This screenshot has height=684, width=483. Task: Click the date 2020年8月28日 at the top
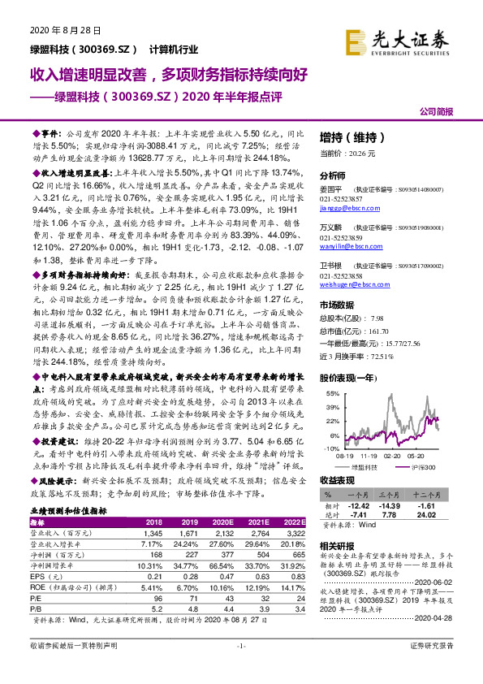click(58, 31)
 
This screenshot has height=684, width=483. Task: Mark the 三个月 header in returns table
click(401, 494)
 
